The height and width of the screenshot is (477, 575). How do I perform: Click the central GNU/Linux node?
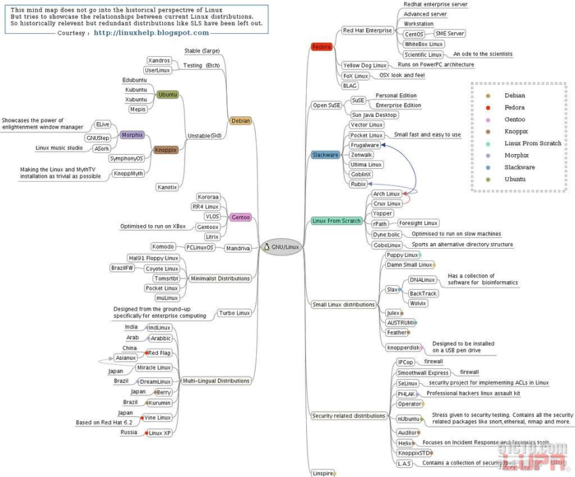281,246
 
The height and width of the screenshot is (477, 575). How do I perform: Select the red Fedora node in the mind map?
321,47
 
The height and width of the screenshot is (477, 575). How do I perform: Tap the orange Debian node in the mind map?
241,120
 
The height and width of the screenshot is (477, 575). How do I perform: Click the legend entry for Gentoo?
514,120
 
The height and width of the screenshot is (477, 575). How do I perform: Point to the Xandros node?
159,60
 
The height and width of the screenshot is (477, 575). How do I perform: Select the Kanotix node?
167,187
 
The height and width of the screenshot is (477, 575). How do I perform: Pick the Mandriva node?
237,247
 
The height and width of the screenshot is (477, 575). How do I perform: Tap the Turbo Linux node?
234,313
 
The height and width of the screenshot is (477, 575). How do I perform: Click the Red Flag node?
158,352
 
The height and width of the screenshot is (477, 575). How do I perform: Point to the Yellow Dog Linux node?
365,65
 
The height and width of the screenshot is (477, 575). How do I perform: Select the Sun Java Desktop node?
374,115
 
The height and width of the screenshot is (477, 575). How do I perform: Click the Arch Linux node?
387,194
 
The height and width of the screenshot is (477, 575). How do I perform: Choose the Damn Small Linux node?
408,265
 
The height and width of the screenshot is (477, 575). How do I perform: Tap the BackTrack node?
422,293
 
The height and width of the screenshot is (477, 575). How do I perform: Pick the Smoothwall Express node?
423,373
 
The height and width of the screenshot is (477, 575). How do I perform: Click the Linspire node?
321,473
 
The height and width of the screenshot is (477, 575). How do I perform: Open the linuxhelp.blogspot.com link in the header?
151,33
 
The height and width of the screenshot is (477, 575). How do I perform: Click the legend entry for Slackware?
519,167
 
